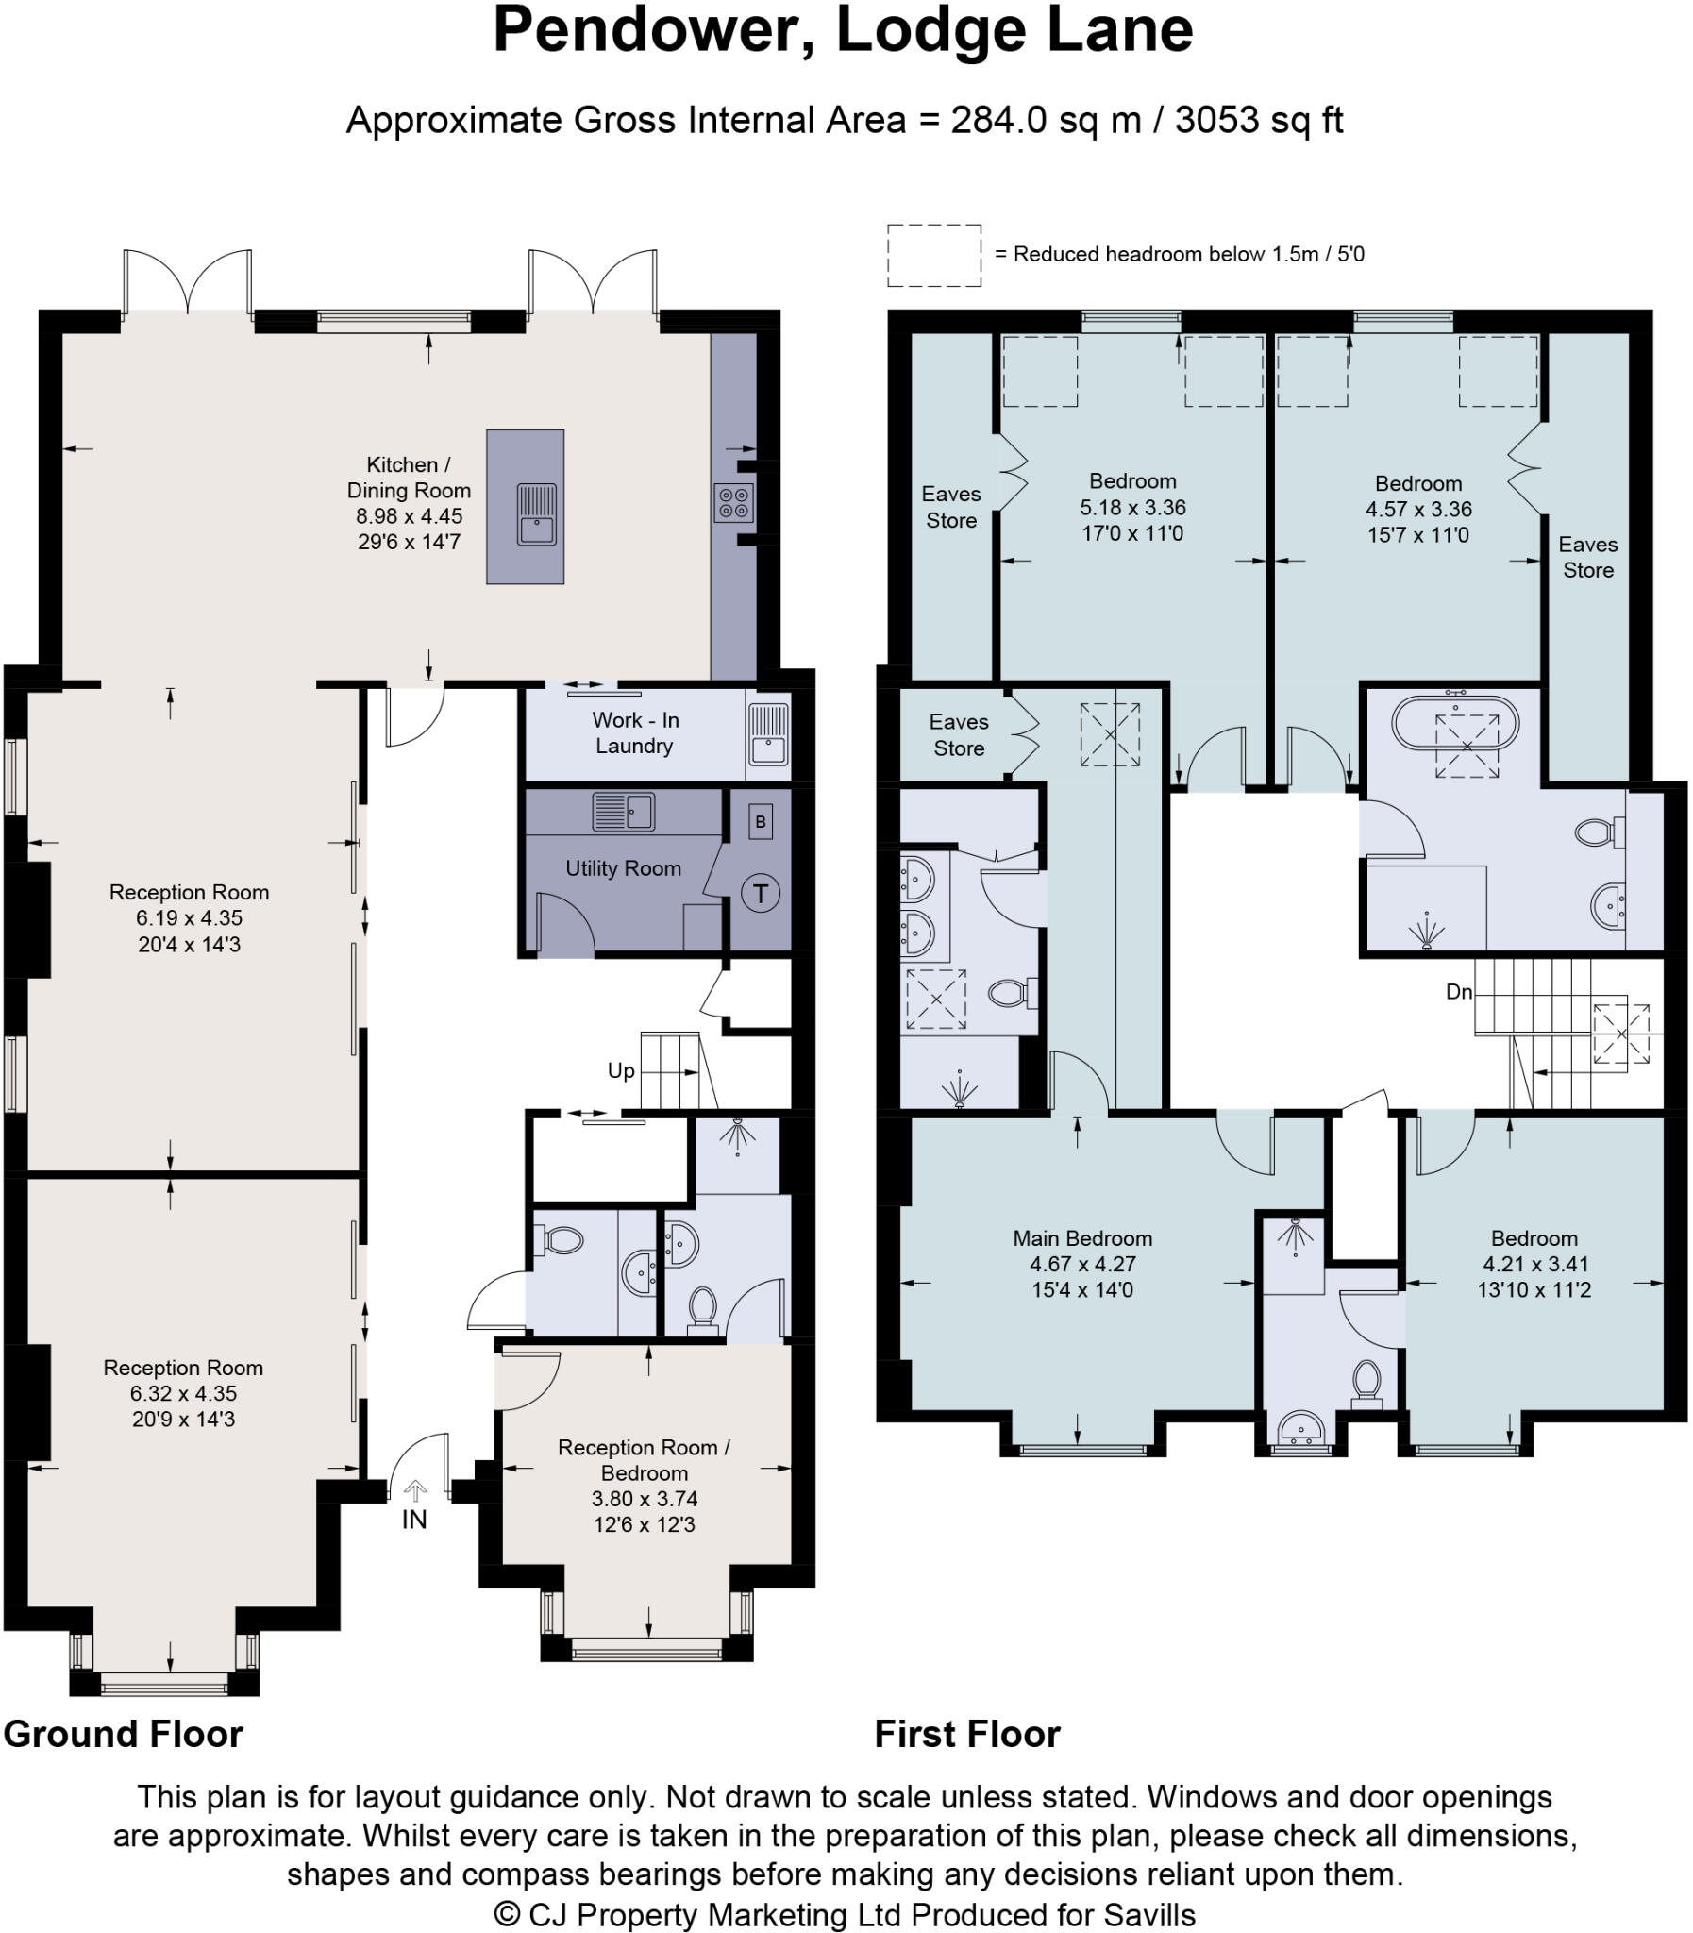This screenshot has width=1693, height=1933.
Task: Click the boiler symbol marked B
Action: (x=761, y=822)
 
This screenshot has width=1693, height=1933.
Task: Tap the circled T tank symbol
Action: (x=761, y=893)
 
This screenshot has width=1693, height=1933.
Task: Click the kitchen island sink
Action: (x=537, y=515)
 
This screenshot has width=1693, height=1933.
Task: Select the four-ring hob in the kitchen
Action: (x=733, y=503)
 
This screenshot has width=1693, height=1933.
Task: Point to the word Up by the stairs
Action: (x=621, y=1070)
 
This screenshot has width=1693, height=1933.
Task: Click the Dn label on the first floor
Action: (x=1459, y=992)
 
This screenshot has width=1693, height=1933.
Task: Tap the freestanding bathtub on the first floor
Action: (x=1455, y=726)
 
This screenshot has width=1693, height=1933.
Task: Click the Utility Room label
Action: (x=623, y=868)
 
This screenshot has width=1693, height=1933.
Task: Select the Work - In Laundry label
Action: (x=635, y=732)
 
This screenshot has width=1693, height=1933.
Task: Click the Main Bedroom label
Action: (x=1081, y=1237)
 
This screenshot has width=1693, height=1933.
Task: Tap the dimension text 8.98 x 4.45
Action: (x=408, y=516)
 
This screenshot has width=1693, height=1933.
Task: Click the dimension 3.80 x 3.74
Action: (x=645, y=1499)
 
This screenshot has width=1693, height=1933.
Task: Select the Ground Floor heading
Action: (x=123, y=1735)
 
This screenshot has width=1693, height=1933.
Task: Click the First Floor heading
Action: (x=966, y=1735)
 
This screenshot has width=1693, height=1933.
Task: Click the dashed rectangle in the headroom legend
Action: (x=933, y=255)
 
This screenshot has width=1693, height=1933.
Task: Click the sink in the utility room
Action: (x=624, y=811)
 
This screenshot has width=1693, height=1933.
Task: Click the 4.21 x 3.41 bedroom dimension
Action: (x=1534, y=1263)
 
